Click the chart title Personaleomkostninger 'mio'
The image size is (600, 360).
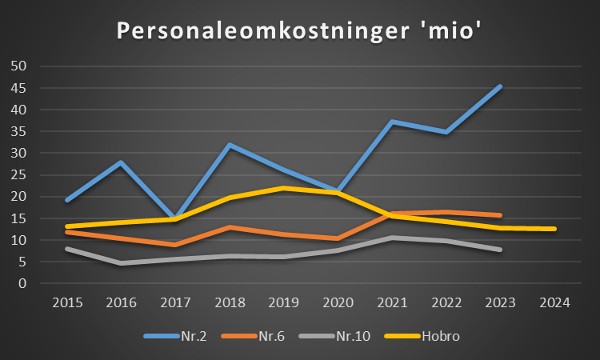pyautogui.click(x=299, y=30)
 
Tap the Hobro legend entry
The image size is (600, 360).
pyautogui.click(x=427, y=336)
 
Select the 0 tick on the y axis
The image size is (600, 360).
pyautogui.click(x=23, y=284)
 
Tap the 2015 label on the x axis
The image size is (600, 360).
pyautogui.click(x=66, y=303)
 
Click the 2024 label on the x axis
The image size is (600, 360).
pyautogui.click(x=554, y=303)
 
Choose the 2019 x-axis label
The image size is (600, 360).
pyautogui.click(x=283, y=303)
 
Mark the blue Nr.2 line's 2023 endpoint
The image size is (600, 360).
pyautogui.click(x=500, y=86)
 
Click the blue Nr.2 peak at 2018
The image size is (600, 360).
pyautogui.click(x=230, y=145)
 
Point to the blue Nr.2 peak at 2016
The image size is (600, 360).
pyautogui.click(x=121, y=162)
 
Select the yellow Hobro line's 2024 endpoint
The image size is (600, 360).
pyautogui.click(x=554, y=229)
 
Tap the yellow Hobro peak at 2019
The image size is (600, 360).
pyautogui.click(x=283, y=188)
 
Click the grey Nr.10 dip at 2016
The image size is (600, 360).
pyautogui.click(x=121, y=263)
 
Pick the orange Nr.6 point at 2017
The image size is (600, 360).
pyautogui.click(x=175, y=245)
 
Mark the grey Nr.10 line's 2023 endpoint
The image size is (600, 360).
pyautogui.click(x=500, y=250)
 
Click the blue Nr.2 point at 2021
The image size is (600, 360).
pyautogui.click(x=392, y=122)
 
